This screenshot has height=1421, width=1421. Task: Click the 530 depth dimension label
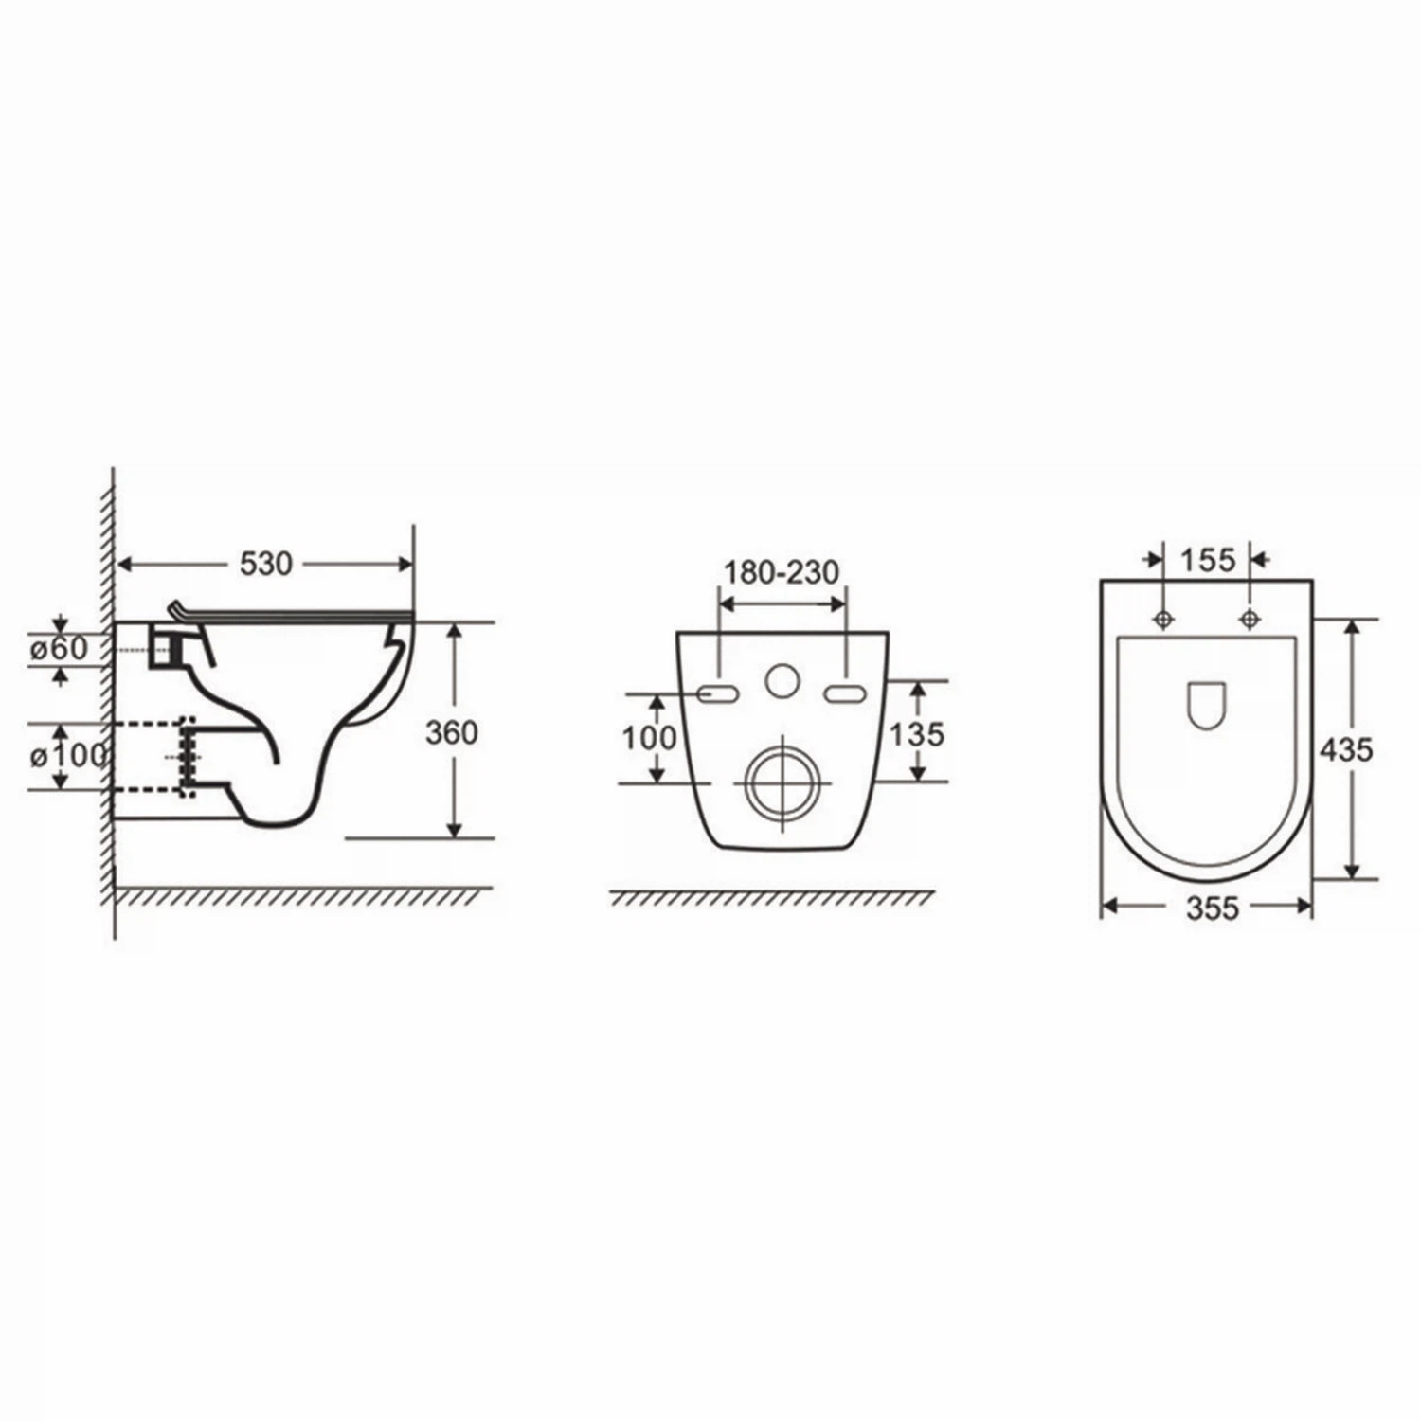pyautogui.click(x=265, y=565)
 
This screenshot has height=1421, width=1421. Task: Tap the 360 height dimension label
pyautogui.click(x=451, y=732)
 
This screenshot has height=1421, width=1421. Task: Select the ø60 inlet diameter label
pyautogui.click(x=58, y=649)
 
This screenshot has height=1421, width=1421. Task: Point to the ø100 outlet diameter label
pyautogui.click(x=67, y=756)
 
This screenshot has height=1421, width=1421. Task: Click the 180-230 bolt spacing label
pyautogui.click(x=782, y=572)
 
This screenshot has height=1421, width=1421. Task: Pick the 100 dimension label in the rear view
pyautogui.click(x=649, y=737)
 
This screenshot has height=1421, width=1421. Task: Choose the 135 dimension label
pyautogui.click(x=917, y=733)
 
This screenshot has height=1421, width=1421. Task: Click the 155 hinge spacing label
pyautogui.click(x=1208, y=560)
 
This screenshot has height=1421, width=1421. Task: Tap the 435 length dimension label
pyautogui.click(x=1346, y=749)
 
